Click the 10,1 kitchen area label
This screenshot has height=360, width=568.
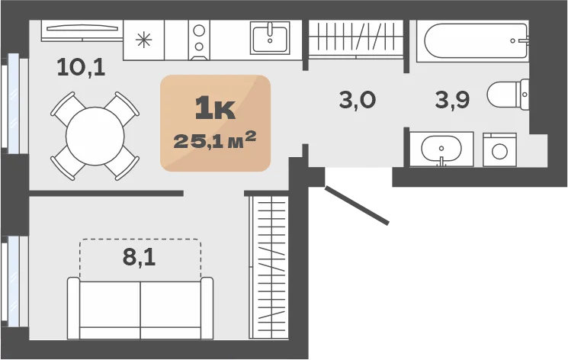click(x=81, y=67)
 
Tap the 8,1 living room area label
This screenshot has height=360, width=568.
click(x=139, y=257)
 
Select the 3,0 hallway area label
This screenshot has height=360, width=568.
click(x=358, y=100)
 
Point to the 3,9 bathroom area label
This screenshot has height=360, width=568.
click(x=452, y=100)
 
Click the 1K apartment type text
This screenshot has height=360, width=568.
click(x=215, y=109)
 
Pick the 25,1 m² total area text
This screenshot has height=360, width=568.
click(x=215, y=140)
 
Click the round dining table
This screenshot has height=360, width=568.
click(x=95, y=137)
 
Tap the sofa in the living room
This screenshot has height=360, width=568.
click(x=140, y=308)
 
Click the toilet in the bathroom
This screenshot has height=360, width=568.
click(x=508, y=95)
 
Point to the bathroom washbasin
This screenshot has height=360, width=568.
click(x=441, y=149)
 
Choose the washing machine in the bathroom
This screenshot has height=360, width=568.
click(x=499, y=149)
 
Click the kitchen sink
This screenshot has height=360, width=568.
click(x=270, y=37)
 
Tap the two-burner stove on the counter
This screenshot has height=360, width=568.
click(x=199, y=40)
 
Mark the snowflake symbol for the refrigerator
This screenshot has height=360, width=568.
click(x=144, y=40)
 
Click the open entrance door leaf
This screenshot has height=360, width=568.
click(x=357, y=205)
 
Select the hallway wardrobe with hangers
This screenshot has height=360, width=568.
click(x=356, y=39)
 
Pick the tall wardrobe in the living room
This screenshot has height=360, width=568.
click(x=269, y=267)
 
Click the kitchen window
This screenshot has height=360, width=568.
click(x=14, y=104)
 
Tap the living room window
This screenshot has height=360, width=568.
click(x=14, y=281)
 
